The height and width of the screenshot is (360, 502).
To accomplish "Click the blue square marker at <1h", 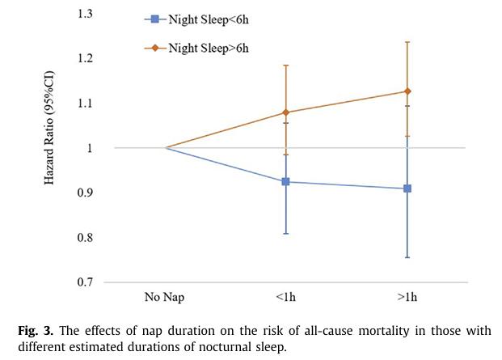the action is point(285,182).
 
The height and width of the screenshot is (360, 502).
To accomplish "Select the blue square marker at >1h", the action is point(407,188).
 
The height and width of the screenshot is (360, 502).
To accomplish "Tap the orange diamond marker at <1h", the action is point(285,112).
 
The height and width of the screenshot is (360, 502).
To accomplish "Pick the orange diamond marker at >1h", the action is point(407,91).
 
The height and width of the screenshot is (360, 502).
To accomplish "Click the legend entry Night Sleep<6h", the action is point(196,19).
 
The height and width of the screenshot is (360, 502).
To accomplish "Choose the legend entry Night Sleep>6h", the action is point(196,48).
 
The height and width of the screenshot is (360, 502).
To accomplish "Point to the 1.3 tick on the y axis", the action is point(85,14).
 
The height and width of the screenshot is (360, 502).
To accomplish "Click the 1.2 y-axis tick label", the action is point(85,58).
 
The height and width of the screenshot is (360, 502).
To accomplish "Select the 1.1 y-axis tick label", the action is point(85,103).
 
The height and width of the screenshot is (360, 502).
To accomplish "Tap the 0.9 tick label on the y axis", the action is point(85,193).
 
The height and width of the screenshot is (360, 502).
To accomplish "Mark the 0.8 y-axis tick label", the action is point(85,237).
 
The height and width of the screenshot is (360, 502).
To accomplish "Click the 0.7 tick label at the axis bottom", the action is point(85,282).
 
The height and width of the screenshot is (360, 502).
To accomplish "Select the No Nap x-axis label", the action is point(165,297).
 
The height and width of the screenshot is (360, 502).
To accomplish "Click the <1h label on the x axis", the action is point(285,297).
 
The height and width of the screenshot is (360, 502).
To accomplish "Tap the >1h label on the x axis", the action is point(407,297).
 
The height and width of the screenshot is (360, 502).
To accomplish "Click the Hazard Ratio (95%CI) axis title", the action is point(49,128).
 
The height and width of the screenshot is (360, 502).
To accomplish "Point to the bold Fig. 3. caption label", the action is point(36,331).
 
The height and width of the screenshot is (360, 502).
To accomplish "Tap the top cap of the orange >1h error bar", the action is point(407,42).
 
